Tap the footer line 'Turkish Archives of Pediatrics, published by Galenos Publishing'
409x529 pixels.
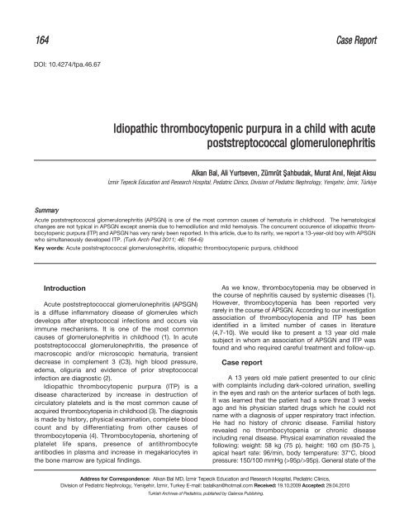point(204,519)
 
